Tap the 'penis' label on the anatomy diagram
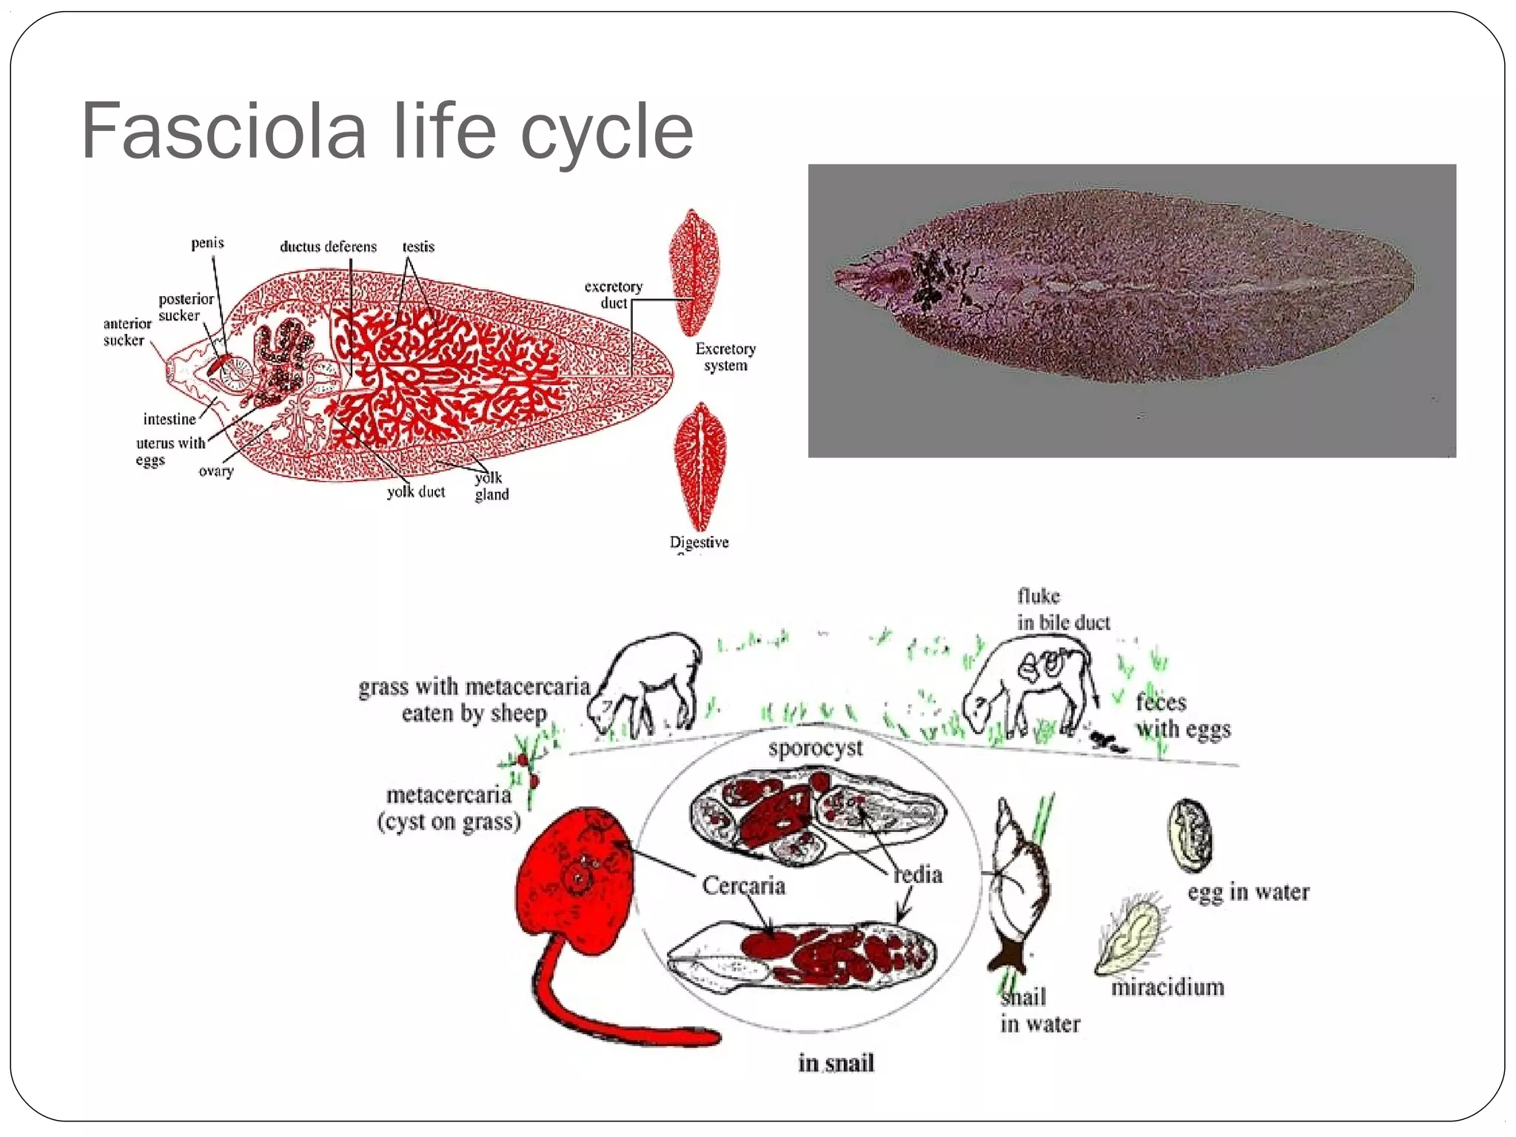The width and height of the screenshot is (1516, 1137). [207, 243]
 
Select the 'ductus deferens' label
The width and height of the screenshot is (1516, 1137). [328, 246]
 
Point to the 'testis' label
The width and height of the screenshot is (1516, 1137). [418, 246]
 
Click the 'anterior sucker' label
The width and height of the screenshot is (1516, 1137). [127, 332]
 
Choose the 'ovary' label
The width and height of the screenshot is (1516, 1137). [216, 471]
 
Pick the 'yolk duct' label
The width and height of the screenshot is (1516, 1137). [416, 492]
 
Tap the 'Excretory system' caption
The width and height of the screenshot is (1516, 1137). [725, 357]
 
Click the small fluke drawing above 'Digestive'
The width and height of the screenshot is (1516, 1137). [700, 466]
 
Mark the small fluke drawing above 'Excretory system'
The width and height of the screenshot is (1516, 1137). [694, 272]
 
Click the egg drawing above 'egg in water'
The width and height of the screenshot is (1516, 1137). [1190, 836]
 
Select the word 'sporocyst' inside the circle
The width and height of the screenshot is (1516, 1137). [815, 748]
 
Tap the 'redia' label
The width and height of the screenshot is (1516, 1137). [918, 874]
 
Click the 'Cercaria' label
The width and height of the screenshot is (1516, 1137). [743, 885]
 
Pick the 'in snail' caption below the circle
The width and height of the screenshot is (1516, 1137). [836, 1063]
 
